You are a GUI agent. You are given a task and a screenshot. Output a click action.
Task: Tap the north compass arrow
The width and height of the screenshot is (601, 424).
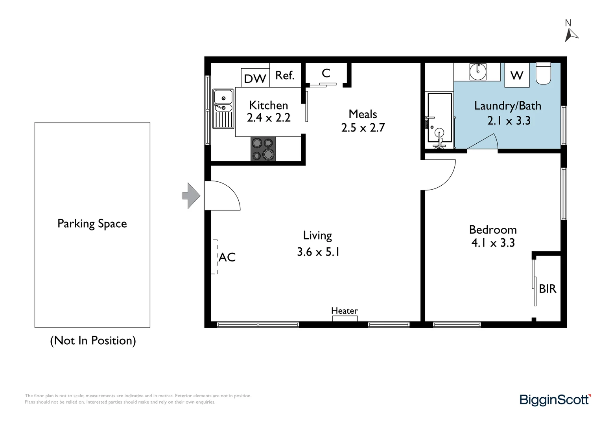[x=571, y=35]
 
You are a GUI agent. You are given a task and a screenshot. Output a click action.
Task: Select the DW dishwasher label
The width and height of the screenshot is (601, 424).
[x=255, y=79]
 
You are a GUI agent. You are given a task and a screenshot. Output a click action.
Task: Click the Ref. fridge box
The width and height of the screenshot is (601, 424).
[x=285, y=75]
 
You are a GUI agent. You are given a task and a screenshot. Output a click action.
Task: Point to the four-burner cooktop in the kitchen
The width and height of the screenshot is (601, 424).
[x=263, y=149]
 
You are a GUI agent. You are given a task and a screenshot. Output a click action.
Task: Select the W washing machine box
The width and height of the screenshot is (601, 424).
[x=516, y=75]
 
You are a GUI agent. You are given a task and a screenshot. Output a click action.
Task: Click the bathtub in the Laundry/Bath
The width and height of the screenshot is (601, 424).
[x=439, y=120]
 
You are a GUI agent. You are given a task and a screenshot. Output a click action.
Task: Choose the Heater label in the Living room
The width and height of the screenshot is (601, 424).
[x=344, y=311]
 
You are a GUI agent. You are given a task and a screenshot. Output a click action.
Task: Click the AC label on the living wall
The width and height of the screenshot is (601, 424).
[x=227, y=257]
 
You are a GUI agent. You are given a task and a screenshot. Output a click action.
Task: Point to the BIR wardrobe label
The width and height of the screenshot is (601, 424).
[x=547, y=289]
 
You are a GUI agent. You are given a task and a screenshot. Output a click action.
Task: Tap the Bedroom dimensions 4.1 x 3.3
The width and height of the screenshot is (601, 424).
[x=493, y=243]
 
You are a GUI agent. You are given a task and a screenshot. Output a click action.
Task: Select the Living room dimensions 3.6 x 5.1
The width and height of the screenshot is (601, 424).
[x=318, y=252]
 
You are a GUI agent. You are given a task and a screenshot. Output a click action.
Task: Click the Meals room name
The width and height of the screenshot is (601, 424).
[x=363, y=114]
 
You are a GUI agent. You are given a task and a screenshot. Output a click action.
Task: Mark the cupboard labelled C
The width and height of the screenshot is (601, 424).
[x=326, y=73]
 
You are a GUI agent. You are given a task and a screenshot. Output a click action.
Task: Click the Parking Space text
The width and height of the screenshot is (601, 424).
[x=92, y=224]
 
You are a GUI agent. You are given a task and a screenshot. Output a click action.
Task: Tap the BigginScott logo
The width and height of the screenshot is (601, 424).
[x=555, y=400]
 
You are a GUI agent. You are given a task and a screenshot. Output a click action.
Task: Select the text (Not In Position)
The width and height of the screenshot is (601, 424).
[x=93, y=340]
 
